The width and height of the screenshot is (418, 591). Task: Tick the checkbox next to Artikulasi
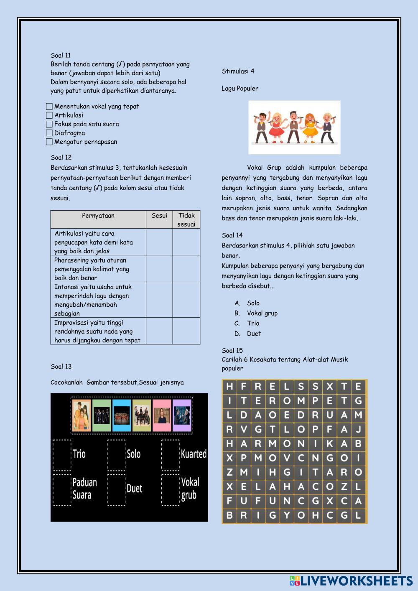pos(49,115)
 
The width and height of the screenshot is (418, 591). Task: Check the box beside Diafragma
pos(49,133)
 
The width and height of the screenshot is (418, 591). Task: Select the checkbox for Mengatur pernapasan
pos(49,142)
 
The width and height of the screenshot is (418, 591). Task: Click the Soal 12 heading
pos(61,158)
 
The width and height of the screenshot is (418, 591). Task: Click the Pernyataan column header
pos(98,216)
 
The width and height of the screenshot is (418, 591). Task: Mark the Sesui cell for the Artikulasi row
pos(159,242)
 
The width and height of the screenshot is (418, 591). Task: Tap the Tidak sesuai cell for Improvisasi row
pos(186,331)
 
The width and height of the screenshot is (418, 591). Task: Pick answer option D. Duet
pos(254,334)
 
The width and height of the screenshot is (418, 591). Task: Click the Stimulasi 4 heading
pos(238,71)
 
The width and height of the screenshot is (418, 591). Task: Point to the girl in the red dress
pos(276,127)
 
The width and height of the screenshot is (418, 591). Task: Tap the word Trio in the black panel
pos(79,454)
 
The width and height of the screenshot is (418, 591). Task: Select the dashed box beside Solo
pos(116,455)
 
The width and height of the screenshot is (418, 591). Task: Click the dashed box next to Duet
pos(116,489)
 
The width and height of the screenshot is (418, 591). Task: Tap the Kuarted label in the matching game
pos(194,454)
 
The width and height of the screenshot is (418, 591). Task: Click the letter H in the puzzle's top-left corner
pos(229,387)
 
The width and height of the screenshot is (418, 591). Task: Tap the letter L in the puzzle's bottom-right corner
pos(358,515)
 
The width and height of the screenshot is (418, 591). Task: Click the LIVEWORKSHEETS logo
pos(351,581)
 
